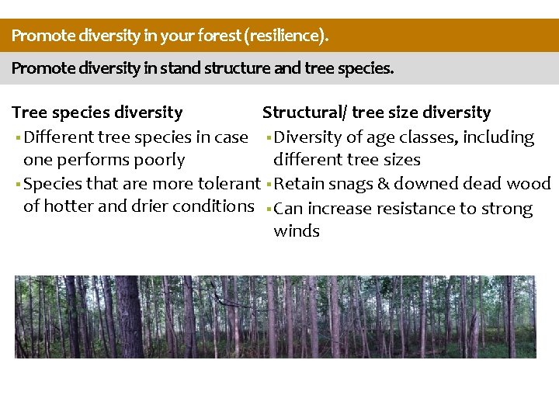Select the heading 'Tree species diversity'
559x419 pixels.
(98, 113)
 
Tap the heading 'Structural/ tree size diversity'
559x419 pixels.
(377, 113)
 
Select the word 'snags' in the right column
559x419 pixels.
(345, 184)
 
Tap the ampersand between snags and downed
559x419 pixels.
(377, 184)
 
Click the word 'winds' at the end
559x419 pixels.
(297, 231)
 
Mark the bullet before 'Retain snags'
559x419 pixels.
(267, 185)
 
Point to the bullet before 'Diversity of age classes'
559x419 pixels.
(267, 138)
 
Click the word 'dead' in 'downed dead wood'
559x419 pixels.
(476, 184)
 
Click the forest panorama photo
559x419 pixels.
(276, 317)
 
